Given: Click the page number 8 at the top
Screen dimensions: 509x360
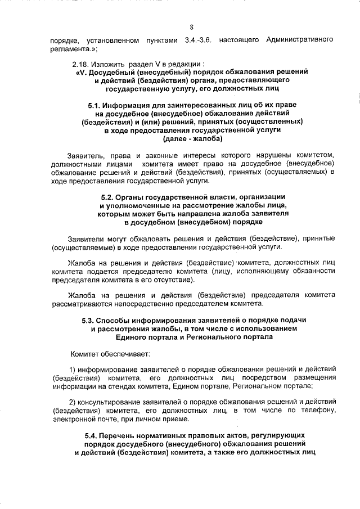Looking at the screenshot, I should pos(191,27).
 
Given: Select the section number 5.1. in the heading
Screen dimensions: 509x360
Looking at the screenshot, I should pos(97,105).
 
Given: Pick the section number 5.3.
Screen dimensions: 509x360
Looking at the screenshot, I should pos(91,321).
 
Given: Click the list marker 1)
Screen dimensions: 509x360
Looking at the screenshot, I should pos(72,370).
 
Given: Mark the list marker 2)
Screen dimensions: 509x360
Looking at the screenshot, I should pos(72,402).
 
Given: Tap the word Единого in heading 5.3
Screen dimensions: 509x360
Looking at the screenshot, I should pos(131,337).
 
